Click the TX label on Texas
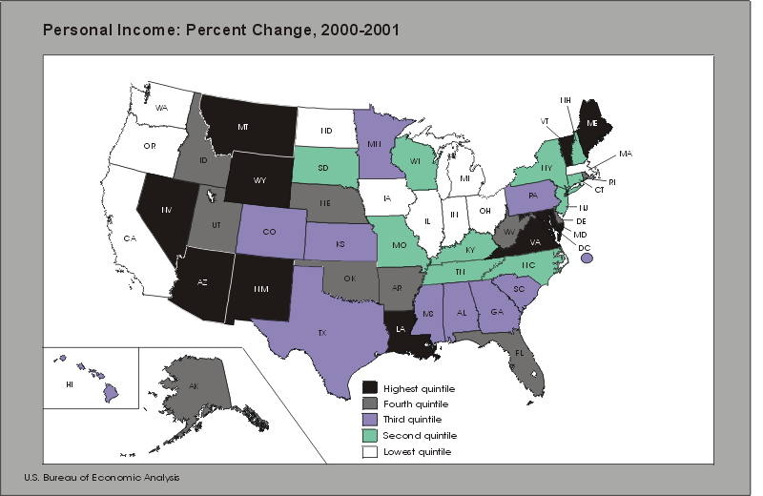(x=322, y=333)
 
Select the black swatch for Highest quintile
(x=370, y=388)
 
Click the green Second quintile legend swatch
(x=370, y=435)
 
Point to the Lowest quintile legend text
(x=419, y=451)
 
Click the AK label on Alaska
(x=193, y=386)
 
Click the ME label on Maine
(x=592, y=123)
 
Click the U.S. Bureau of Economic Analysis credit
(x=102, y=477)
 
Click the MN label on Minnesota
(x=374, y=145)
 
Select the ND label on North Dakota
(x=325, y=131)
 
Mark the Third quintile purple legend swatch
(x=370, y=420)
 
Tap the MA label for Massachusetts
(x=625, y=154)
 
